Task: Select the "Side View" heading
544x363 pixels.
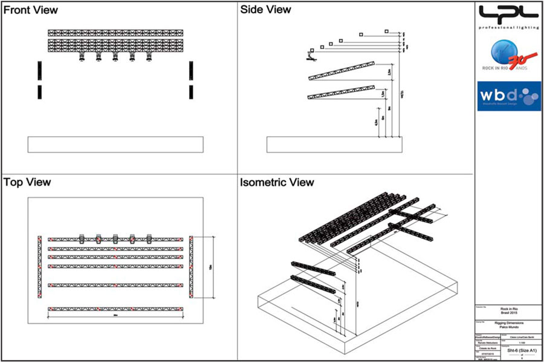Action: (265, 10)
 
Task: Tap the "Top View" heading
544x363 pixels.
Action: (27, 182)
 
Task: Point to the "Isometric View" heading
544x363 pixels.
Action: (277, 182)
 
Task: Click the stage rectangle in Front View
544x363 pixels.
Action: (115, 145)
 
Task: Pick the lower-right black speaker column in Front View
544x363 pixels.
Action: (191, 92)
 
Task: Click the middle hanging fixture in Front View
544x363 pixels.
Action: (115, 58)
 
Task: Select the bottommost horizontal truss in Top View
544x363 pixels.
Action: (115, 309)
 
